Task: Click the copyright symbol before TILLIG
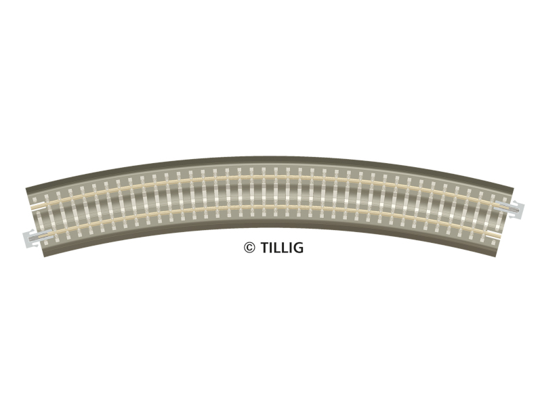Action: [249, 248]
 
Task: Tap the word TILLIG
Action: [282, 248]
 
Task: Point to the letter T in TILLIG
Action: [264, 248]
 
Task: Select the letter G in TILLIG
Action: [298, 248]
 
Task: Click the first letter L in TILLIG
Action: [277, 248]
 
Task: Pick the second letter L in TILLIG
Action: [285, 248]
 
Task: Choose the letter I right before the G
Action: [291, 248]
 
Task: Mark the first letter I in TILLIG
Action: [272, 248]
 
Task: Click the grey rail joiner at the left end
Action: [37, 238]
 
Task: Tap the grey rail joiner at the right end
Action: [509, 209]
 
